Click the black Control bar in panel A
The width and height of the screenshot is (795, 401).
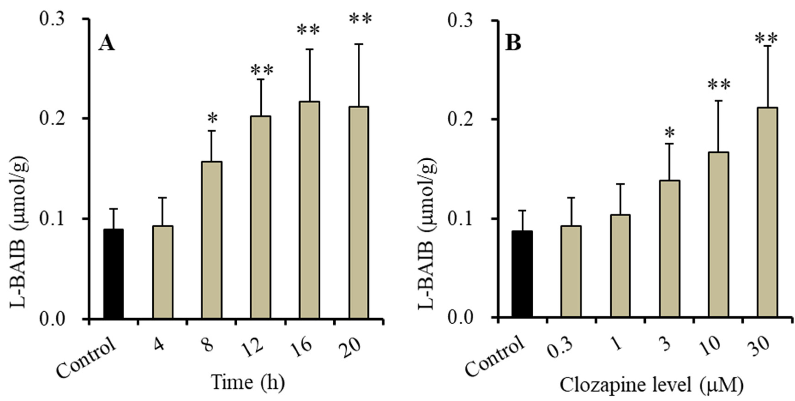point(113,274)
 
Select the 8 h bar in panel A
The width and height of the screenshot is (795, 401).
point(212,240)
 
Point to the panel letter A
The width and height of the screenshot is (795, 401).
point(106,43)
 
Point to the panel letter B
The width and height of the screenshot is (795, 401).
point(513,43)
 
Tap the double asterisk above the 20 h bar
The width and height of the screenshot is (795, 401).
point(360,19)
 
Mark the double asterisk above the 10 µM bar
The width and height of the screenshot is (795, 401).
point(719,85)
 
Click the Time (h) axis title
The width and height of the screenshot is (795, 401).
point(248,382)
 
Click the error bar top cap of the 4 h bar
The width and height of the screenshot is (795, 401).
point(163,198)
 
